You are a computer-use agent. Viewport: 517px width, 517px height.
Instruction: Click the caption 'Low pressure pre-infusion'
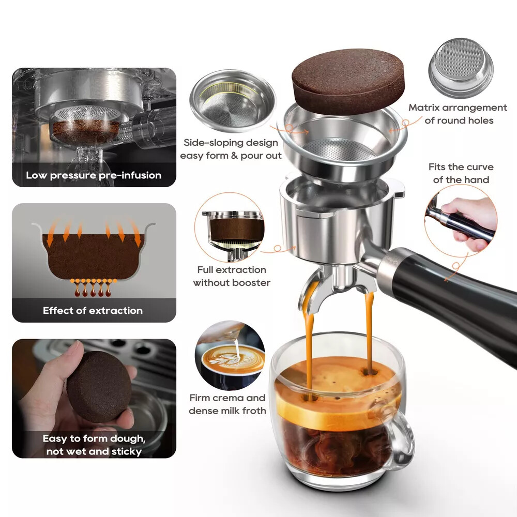tap(94, 175)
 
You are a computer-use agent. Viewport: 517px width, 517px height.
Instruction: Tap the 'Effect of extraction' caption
tap(93, 311)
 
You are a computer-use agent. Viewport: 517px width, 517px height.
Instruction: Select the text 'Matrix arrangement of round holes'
tap(458, 114)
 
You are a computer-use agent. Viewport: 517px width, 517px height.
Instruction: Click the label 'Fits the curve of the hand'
tap(461, 173)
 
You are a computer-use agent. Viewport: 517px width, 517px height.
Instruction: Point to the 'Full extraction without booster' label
tap(231, 276)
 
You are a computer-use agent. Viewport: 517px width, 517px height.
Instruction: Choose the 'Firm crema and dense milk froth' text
tap(227, 404)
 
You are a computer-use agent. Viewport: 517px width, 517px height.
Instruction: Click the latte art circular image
tap(230, 356)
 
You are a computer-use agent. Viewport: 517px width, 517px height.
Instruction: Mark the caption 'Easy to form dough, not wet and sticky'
tap(94, 445)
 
